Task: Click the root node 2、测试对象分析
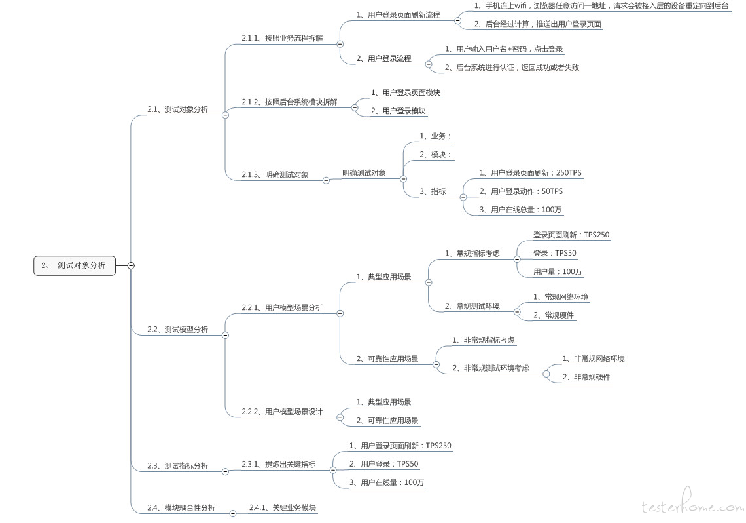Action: pyautogui.click(x=75, y=265)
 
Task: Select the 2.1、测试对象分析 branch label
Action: pyautogui.click(x=177, y=109)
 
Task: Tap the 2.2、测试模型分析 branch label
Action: pyautogui.click(x=177, y=330)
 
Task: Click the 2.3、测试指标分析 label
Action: pyautogui.click(x=177, y=466)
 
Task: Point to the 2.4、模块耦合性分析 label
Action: pyautogui.click(x=181, y=508)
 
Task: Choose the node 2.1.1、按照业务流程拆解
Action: pyautogui.click(x=282, y=39)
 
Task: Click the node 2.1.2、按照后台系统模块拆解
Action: pyautogui.click(x=289, y=102)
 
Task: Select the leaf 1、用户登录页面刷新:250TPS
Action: pyautogui.click(x=530, y=173)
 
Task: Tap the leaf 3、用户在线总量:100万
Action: pyautogui.click(x=520, y=210)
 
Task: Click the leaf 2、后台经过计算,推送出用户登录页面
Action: pyautogui.click(x=538, y=24)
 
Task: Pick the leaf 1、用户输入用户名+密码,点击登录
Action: pyautogui.click(x=504, y=49)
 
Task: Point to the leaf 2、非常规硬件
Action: pyautogui.click(x=586, y=377)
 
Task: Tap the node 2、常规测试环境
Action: pyautogui.click(x=472, y=307)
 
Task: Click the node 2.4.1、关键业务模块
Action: pyautogui.click(x=283, y=508)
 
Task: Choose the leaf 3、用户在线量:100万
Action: pyautogui.click(x=387, y=482)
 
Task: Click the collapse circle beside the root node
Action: pyautogui.click(x=131, y=265)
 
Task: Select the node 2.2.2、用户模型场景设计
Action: pyautogui.click(x=282, y=412)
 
